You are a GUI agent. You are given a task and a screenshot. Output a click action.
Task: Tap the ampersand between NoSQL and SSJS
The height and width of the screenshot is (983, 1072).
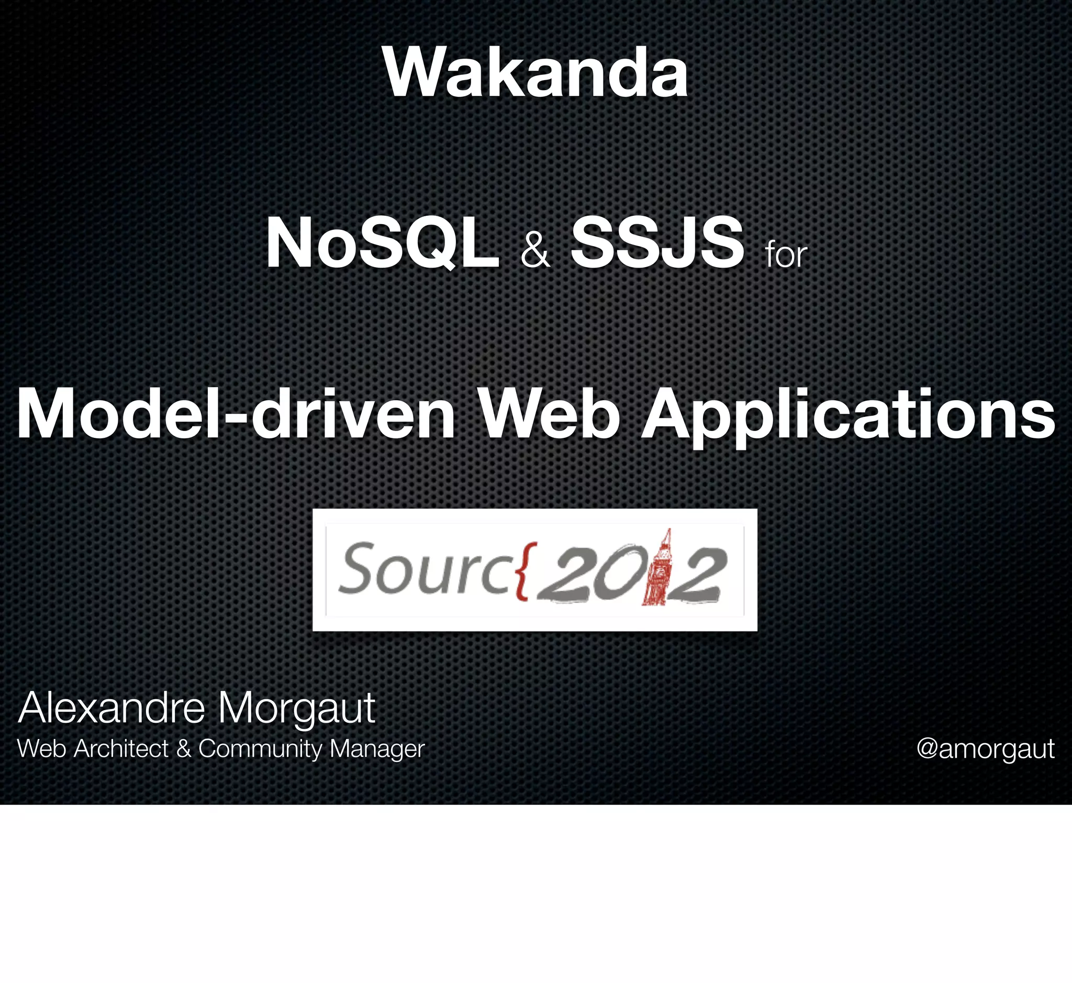(534, 251)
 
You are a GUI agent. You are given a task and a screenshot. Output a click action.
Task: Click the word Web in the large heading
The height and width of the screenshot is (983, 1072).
(550, 414)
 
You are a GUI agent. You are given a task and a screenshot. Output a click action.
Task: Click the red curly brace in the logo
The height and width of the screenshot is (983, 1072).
(523, 570)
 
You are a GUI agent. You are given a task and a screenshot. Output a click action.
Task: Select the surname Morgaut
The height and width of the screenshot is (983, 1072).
(296, 710)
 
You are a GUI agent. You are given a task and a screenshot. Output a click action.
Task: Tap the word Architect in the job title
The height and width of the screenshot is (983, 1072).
(121, 749)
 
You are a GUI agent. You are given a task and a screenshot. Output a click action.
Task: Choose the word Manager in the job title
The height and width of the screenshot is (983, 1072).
(376, 749)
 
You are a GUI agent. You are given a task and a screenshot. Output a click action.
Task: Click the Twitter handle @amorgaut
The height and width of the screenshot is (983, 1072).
(985, 749)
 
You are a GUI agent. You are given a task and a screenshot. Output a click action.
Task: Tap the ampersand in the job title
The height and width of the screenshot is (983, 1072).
(183, 749)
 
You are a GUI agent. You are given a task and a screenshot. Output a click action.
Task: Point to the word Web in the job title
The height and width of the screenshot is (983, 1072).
(41, 749)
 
